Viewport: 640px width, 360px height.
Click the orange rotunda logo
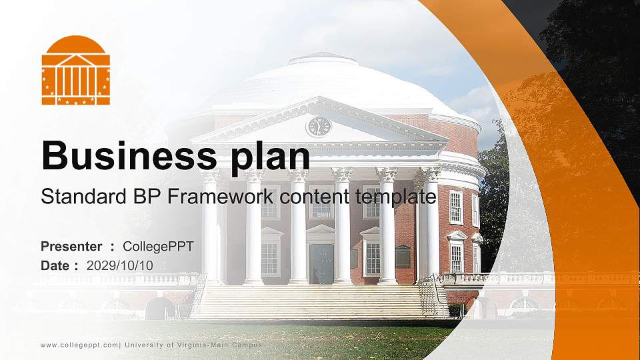[75, 71]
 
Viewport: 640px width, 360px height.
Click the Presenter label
[71, 247]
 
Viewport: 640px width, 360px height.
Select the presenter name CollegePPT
[158, 247]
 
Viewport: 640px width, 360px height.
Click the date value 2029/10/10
[120, 265]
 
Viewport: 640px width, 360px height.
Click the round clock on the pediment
[318, 126]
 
